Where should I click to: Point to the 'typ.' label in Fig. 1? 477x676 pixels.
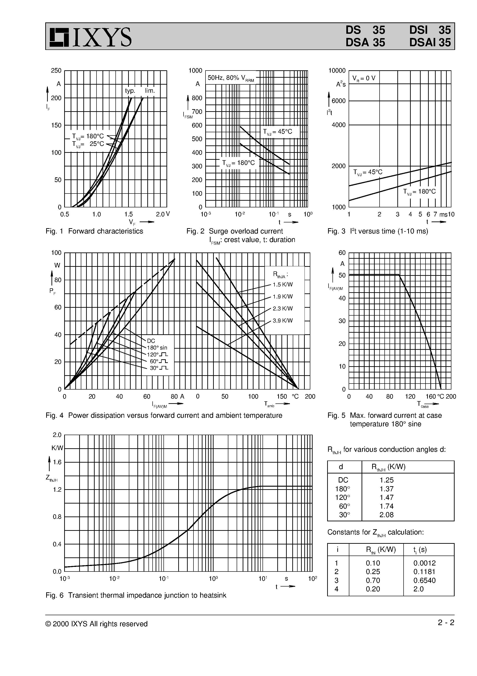point(130,91)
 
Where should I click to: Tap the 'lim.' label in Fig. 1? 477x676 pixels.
point(150,91)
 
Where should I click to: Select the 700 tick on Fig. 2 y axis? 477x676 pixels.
point(197,112)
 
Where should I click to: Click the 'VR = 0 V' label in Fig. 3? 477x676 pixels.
point(364,78)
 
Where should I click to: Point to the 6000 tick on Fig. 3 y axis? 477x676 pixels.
point(338,101)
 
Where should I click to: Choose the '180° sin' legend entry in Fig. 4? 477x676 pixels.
point(157,348)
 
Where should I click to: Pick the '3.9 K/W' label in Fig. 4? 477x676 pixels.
point(283,321)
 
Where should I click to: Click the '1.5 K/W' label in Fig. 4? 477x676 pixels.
point(283,285)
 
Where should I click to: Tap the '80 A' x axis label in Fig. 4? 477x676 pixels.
point(177,396)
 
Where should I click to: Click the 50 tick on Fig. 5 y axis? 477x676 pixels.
point(342,276)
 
